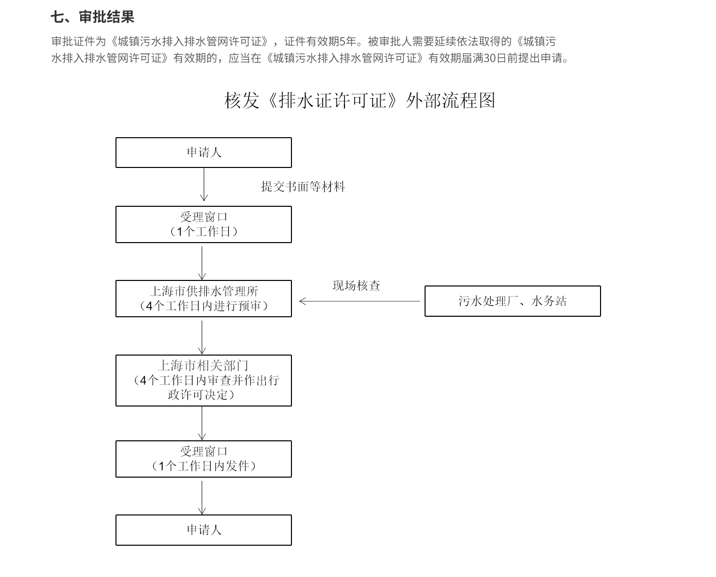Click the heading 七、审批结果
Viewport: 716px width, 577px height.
tap(92, 17)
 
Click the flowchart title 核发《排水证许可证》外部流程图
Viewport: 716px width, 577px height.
tap(360, 100)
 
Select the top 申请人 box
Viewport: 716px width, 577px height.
tap(204, 152)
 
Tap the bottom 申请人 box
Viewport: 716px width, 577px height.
tap(204, 530)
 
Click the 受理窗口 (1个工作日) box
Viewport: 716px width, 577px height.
tap(204, 224)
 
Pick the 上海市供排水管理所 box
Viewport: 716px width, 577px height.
tap(204, 299)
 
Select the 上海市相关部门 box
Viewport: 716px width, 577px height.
tap(204, 380)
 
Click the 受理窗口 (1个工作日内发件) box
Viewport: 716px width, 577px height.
tap(204, 459)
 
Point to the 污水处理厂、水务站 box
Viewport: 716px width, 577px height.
tap(513, 301)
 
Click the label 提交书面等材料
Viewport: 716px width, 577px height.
tap(303, 187)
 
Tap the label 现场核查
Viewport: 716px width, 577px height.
tap(356, 285)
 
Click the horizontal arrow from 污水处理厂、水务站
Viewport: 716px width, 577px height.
tap(360, 302)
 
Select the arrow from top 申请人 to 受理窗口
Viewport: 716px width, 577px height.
tap(204, 184)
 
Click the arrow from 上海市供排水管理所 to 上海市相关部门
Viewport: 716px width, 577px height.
tap(202, 337)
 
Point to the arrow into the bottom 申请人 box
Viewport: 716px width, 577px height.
tap(202, 498)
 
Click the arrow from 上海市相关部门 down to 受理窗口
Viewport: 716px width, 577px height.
tap(202, 423)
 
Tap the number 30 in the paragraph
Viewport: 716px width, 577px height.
tap(490, 58)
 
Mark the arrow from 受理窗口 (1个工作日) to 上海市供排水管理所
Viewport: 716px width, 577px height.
tap(202, 263)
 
